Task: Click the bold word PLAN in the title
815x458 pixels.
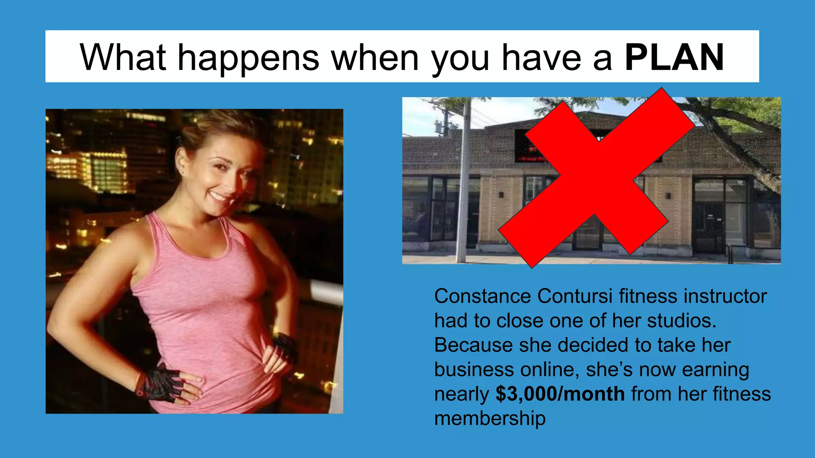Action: pyautogui.click(x=674, y=58)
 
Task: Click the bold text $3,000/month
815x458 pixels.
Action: pyautogui.click(x=560, y=394)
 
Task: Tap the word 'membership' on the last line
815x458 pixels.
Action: pyautogui.click(x=489, y=418)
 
